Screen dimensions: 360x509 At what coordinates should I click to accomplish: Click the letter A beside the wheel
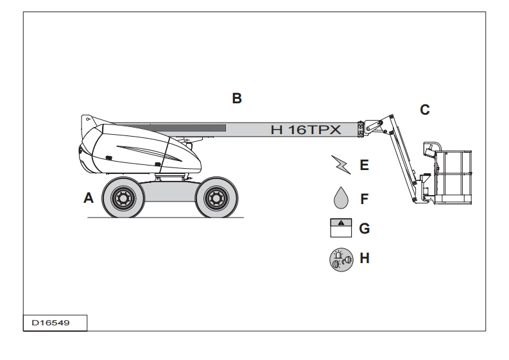click(89, 198)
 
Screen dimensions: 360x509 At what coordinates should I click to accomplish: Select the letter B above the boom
click(237, 99)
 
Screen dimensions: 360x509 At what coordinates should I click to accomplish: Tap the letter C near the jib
click(424, 110)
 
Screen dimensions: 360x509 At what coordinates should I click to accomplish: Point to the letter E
click(364, 166)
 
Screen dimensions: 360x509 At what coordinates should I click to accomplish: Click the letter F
click(364, 199)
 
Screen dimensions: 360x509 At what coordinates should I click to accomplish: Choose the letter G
click(364, 228)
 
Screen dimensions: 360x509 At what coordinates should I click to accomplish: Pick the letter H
click(365, 259)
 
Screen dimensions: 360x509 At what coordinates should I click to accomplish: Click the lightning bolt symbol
click(342, 165)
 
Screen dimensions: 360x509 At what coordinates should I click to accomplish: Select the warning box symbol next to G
click(341, 228)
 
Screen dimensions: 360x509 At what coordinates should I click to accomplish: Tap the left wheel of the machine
click(122, 198)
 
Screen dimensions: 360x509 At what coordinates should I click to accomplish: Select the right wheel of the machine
click(216, 198)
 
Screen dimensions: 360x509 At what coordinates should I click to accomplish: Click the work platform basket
click(453, 176)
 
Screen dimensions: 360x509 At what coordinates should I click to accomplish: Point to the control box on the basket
click(430, 148)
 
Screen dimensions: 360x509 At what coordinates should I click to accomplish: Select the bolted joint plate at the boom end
click(362, 128)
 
